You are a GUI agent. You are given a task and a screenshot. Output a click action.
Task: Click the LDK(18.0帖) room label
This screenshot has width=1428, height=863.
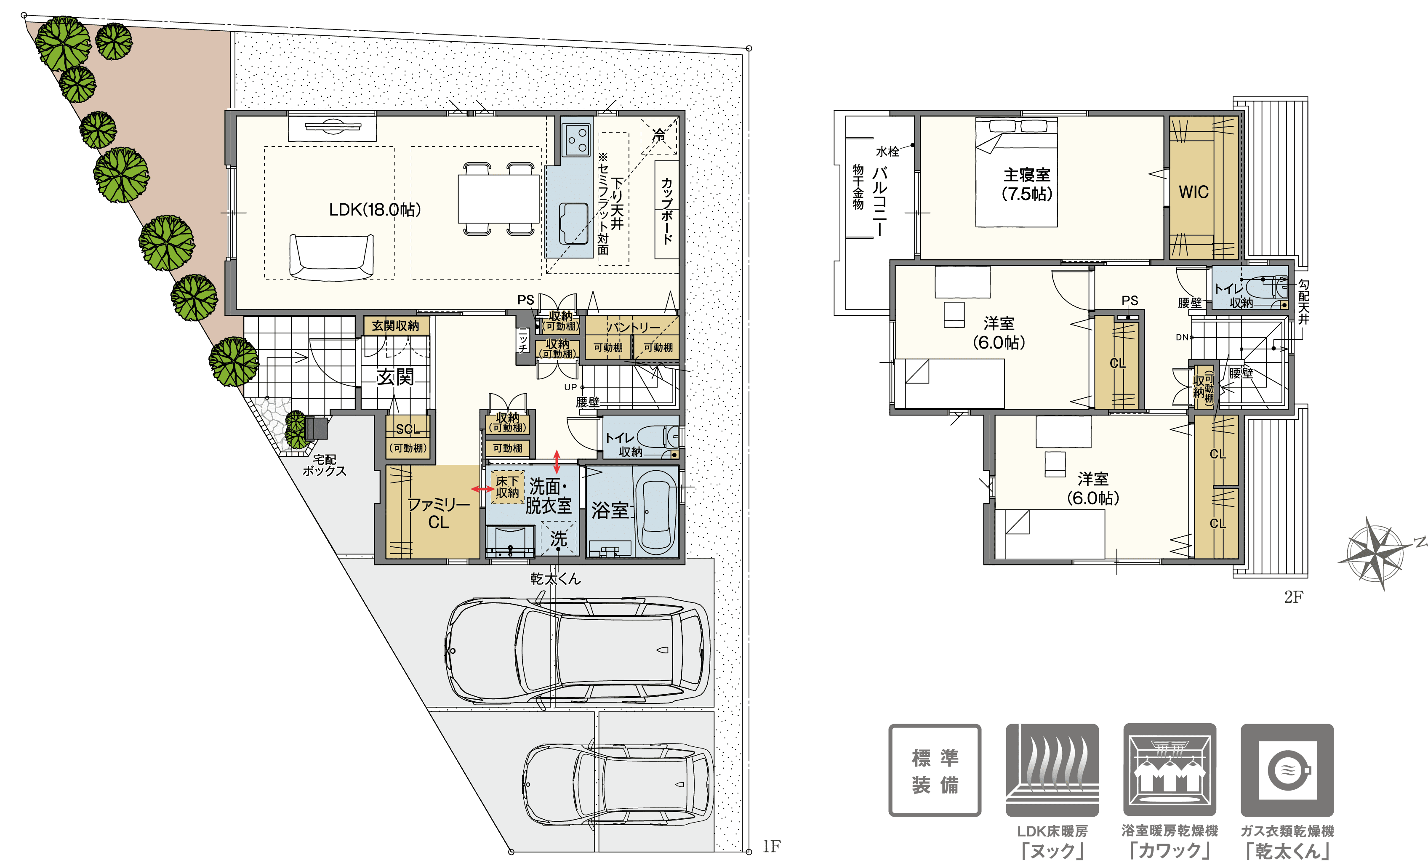[375, 209]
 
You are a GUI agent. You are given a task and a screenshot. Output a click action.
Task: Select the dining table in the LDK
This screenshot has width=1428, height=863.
[498, 198]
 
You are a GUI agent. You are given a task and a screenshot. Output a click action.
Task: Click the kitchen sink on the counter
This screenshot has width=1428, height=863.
[573, 223]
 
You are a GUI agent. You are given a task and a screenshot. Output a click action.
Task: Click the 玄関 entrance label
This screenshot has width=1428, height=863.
[395, 377]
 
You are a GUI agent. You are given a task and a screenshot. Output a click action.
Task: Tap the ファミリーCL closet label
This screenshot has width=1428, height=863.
[439, 513]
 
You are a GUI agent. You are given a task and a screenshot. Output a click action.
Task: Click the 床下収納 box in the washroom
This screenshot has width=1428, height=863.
[507, 487]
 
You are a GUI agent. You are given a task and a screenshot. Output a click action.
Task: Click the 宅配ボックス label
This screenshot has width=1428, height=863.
[325, 465]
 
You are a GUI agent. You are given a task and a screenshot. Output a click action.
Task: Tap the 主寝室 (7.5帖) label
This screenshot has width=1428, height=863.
[1027, 184]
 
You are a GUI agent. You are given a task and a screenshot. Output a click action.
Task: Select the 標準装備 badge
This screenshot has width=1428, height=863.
[935, 770]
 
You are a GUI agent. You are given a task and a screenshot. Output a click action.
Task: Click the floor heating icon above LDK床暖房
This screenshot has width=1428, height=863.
[1052, 770]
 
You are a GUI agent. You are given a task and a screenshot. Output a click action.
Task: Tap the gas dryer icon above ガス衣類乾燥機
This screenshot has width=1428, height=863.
[1287, 770]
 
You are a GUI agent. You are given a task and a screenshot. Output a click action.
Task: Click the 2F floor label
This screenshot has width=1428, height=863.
[1294, 597]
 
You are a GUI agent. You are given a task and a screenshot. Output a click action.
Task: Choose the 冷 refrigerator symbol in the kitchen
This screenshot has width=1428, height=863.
[659, 136]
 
